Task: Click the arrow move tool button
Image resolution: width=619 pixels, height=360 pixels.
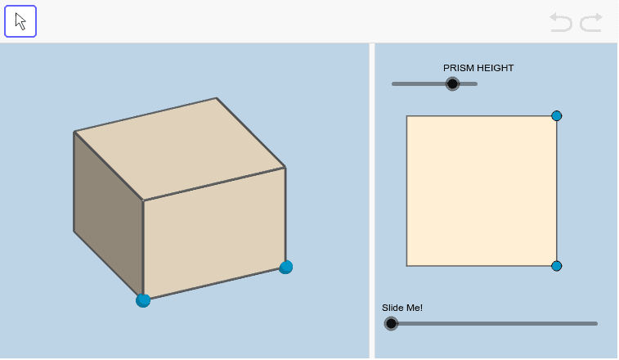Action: pyautogui.click(x=20, y=21)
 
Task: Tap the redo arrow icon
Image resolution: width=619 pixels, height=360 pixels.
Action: pyautogui.click(x=591, y=22)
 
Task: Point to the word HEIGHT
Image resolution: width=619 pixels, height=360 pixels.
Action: pyautogui.click(x=497, y=68)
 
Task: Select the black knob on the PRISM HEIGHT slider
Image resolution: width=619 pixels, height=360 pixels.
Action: pyautogui.click(x=452, y=83)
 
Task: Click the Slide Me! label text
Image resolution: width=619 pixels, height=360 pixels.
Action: pyautogui.click(x=402, y=308)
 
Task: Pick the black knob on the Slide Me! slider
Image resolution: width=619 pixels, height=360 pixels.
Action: pyautogui.click(x=392, y=323)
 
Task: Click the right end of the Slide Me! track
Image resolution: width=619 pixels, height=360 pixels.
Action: pyautogui.click(x=595, y=323)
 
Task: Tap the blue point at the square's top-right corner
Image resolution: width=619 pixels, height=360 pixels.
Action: pyautogui.click(x=557, y=116)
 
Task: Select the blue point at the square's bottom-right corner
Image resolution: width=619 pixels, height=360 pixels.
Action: pyautogui.click(x=557, y=266)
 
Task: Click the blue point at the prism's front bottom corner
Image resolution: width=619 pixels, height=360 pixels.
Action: pyautogui.click(x=143, y=300)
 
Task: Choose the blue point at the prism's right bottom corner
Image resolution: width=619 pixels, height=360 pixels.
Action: pyautogui.click(x=285, y=267)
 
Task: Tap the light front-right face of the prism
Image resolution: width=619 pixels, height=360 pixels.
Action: pyautogui.click(x=214, y=233)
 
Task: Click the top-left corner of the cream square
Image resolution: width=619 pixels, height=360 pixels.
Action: pyautogui.click(x=407, y=116)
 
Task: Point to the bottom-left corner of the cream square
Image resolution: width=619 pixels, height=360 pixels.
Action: pyautogui.click(x=407, y=266)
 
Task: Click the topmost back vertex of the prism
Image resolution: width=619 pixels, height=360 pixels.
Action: pyautogui.click(x=217, y=98)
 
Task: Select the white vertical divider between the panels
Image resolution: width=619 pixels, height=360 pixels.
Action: pyautogui.click(x=372, y=200)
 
